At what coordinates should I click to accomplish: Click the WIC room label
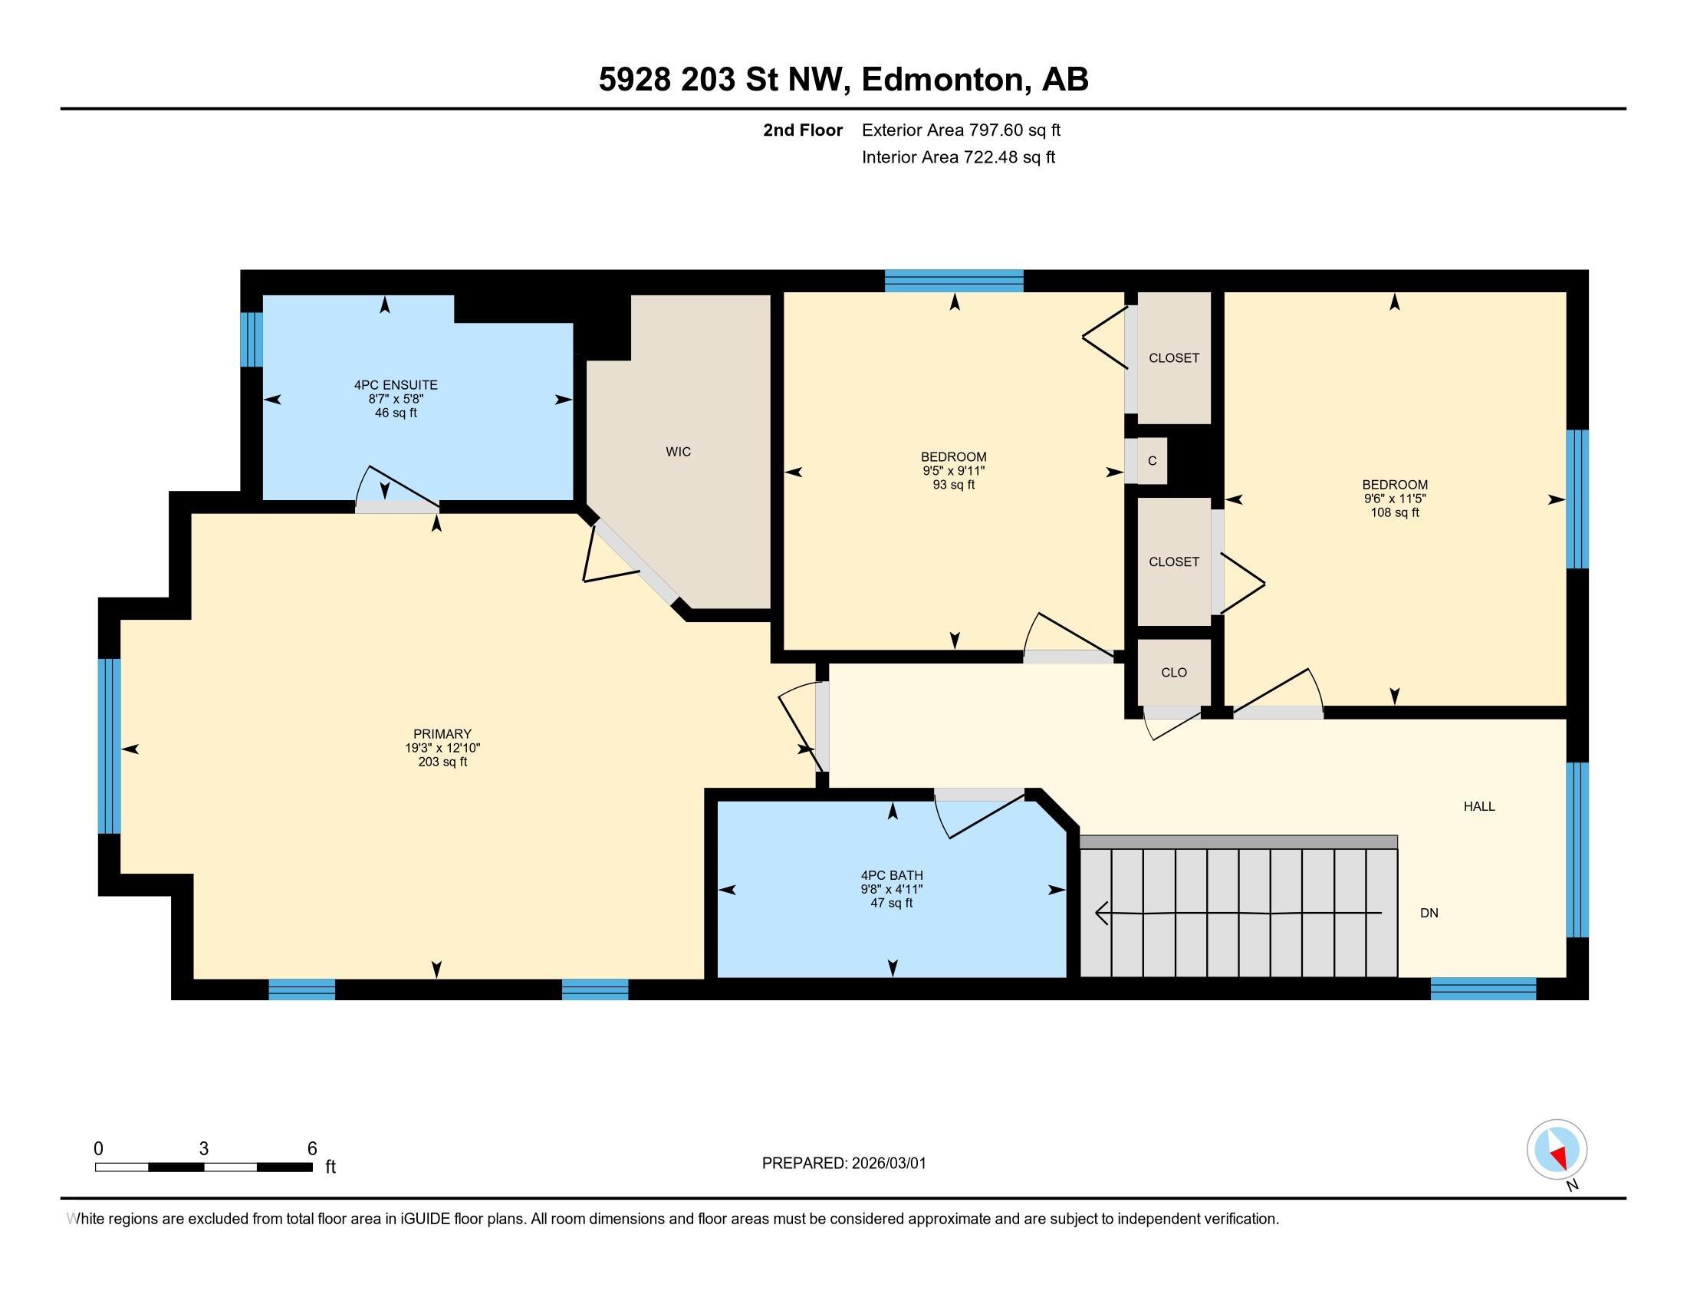[677, 452]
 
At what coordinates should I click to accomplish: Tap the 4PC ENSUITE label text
[396, 385]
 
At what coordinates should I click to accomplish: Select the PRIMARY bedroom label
[442, 734]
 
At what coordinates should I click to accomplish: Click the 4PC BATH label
[891, 875]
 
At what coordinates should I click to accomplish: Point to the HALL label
[1478, 806]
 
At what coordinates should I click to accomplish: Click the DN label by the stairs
[1429, 913]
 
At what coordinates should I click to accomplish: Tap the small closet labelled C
[1152, 461]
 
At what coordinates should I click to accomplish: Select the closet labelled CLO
[1173, 673]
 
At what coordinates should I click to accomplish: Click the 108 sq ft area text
[1394, 512]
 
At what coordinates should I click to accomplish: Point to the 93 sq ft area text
[953, 485]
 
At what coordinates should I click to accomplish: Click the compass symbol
[1557, 1150]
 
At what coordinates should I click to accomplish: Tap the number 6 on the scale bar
[312, 1149]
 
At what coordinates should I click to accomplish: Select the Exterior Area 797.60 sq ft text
[961, 130]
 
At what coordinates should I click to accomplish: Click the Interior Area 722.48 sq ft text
[958, 157]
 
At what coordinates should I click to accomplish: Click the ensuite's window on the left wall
[251, 338]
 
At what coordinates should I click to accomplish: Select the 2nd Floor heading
[802, 130]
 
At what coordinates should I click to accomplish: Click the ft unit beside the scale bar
[330, 1167]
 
